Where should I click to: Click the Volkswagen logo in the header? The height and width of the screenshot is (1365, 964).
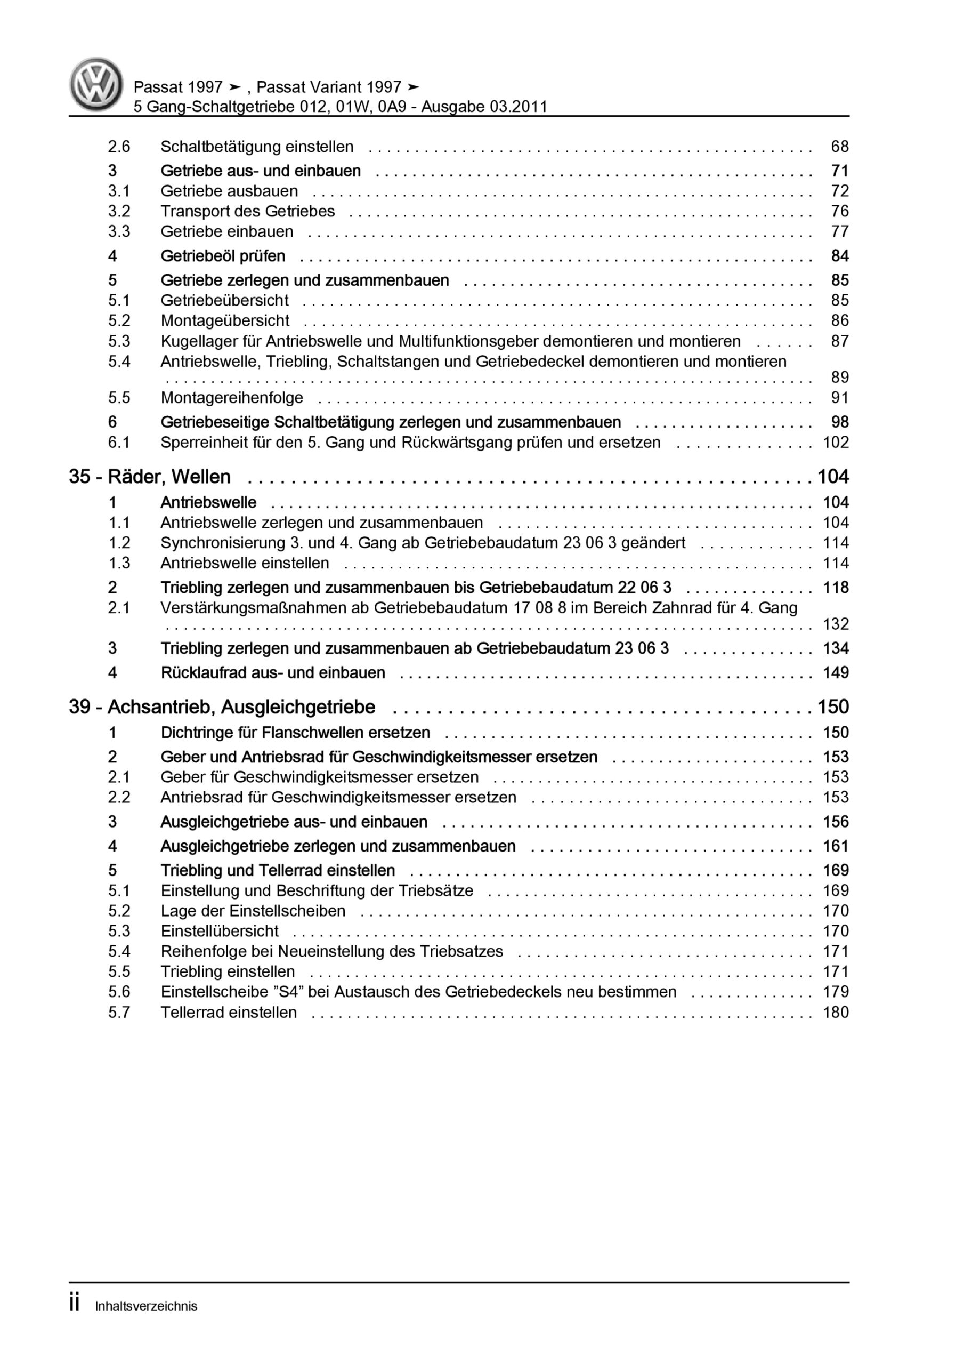click(96, 84)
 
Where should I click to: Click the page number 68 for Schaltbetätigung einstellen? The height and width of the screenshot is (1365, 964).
click(839, 147)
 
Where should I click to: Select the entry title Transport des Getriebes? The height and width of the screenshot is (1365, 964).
click(247, 211)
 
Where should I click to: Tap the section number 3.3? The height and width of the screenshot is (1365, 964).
click(119, 231)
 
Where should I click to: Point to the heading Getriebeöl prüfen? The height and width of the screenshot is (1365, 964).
click(223, 256)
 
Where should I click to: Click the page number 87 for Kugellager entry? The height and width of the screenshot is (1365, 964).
click(839, 341)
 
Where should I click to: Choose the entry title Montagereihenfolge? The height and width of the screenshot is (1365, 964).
click(232, 398)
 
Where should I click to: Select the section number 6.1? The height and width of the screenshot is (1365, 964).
click(119, 443)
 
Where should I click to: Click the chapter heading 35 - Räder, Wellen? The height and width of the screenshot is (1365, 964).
click(150, 477)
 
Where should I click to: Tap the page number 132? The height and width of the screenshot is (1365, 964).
click(835, 624)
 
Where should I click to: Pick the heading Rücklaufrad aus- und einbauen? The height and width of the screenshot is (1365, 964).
click(273, 672)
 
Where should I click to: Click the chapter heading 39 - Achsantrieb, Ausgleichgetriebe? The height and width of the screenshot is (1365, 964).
click(222, 707)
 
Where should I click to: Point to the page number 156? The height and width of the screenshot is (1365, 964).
click(835, 822)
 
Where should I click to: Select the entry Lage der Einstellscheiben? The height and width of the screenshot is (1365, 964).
click(253, 911)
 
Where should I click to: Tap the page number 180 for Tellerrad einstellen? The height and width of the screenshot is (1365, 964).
click(835, 1012)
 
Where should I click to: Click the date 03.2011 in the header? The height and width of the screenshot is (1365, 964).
click(517, 107)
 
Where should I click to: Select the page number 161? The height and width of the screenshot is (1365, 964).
click(835, 846)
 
